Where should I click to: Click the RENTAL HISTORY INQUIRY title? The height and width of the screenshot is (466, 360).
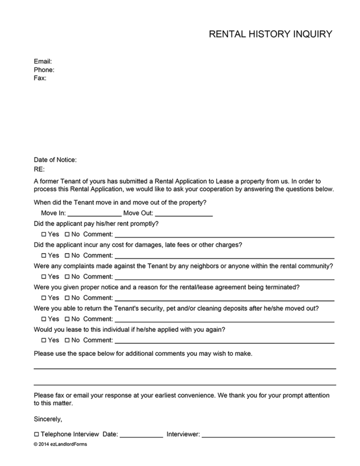click(271, 34)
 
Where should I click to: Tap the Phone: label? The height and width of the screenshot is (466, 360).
click(44, 70)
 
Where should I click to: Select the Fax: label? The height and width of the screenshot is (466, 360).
click(40, 78)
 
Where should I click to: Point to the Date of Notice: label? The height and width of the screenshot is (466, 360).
click(55, 160)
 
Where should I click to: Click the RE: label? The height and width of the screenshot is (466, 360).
click(39, 169)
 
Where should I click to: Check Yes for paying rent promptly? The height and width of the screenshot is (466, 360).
click(44, 235)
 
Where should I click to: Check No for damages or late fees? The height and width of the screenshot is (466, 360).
click(67, 256)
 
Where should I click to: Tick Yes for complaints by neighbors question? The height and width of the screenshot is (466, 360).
click(44, 277)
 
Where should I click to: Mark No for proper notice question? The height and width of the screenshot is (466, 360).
click(67, 298)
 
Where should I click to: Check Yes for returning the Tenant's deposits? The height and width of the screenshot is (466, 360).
click(44, 319)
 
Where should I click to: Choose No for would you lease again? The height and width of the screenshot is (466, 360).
click(67, 340)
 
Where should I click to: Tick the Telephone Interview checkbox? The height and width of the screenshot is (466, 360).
click(37, 435)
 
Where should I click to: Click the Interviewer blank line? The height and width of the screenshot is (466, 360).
click(268, 436)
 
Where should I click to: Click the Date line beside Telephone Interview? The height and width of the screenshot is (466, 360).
click(141, 436)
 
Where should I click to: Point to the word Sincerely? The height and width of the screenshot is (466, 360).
click(48, 419)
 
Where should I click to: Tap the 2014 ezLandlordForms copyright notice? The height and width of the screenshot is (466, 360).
click(60, 444)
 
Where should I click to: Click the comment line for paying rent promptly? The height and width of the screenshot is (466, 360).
click(224, 236)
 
